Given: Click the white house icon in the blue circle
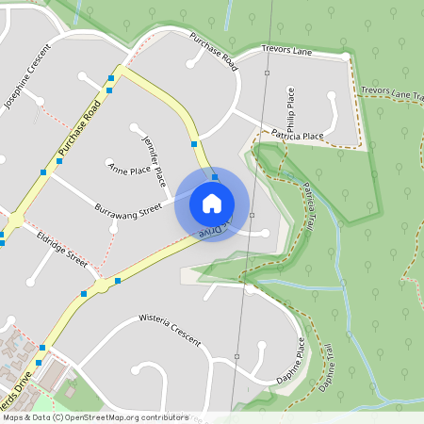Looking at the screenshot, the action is [212, 204].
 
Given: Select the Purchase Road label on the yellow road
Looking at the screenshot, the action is [77, 130].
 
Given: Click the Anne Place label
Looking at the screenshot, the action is [129, 170].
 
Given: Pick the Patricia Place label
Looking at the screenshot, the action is [296, 137].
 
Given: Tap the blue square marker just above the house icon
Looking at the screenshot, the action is [215, 176].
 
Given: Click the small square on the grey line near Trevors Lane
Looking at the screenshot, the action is [267, 73].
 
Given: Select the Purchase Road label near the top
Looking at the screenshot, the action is [212, 51].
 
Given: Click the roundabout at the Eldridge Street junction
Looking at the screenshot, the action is [101, 284].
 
